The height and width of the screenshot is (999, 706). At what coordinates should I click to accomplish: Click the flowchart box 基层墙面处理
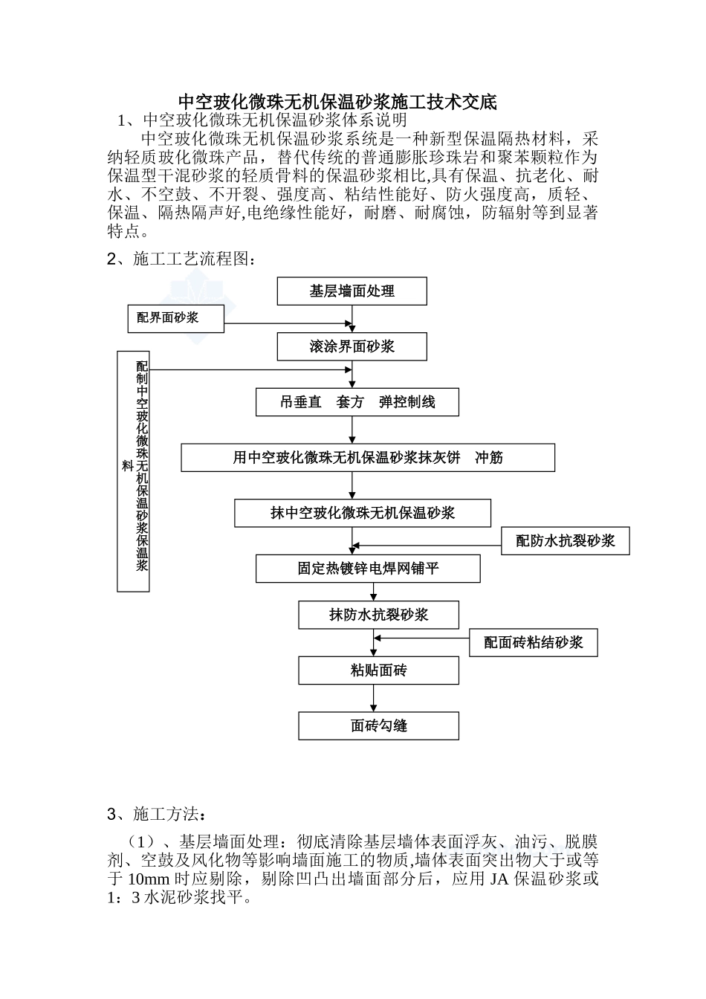(352, 291)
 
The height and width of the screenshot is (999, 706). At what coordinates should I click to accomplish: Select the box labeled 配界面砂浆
(175, 318)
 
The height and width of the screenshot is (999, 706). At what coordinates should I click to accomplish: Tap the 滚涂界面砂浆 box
(352, 346)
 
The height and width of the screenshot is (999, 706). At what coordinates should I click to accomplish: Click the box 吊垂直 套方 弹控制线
(357, 402)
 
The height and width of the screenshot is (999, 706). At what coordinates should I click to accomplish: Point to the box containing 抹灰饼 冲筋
(368, 458)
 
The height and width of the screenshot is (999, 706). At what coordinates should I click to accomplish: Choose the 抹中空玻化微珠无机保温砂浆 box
(363, 513)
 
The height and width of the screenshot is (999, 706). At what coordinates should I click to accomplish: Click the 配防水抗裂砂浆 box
(566, 541)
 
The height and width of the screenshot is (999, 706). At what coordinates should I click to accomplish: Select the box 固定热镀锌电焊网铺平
(368, 569)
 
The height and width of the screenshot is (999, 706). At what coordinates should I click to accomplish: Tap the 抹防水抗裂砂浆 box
(378, 615)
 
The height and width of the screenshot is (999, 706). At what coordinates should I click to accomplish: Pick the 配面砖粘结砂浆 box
(533, 642)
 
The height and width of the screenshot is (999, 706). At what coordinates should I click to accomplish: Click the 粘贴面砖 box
(378, 670)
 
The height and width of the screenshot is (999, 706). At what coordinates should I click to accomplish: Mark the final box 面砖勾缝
(378, 725)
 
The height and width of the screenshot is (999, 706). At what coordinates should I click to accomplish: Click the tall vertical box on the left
(134, 471)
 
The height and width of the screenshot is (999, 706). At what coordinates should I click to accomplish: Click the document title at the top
(337, 102)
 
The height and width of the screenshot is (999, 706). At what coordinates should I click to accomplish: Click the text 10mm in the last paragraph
(149, 879)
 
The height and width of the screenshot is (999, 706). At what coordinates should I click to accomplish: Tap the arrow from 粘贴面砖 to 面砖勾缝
(374, 699)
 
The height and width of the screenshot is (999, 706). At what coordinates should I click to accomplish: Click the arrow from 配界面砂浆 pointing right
(287, 323)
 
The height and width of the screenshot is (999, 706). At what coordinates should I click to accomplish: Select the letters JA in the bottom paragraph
(496, 879)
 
